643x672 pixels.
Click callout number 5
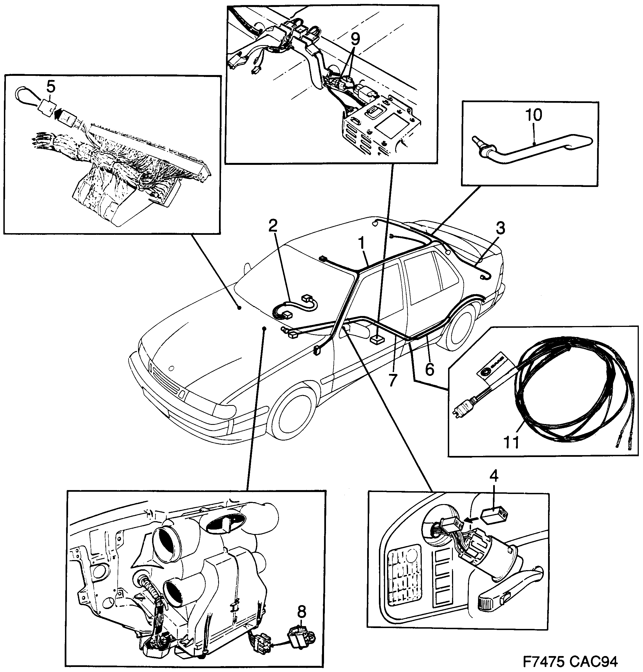(50, 87)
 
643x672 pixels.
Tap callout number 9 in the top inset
(355, 40)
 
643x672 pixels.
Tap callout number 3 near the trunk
(500, 228)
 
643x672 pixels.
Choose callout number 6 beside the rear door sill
(430, 369)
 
